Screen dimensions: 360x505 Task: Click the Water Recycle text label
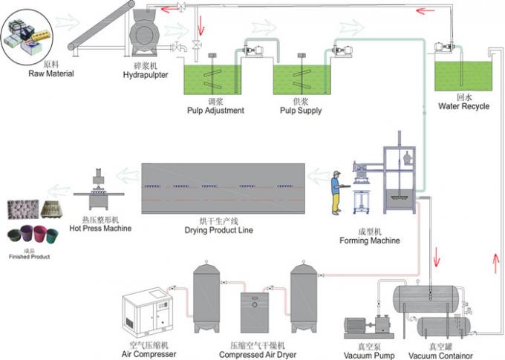(x=463, y=105)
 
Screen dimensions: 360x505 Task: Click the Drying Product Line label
(x=221, y=230)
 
